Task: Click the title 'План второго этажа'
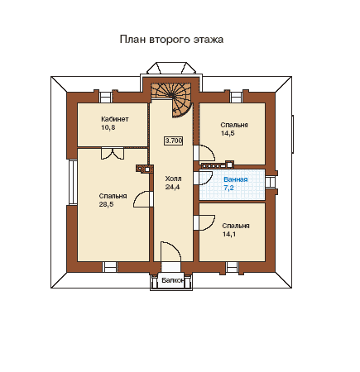[171, 40]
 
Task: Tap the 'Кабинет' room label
[115, 119]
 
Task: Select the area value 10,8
[108, 127]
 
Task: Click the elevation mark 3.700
[174, 141]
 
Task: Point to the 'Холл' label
[173, 179]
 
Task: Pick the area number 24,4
[172, 187]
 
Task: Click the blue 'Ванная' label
[236, 179]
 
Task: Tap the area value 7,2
[228, 188]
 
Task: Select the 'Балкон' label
[173, 280]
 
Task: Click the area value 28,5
[106, 204]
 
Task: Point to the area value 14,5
[228, 133]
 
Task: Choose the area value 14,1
[229, 234]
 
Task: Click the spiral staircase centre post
[171, 95]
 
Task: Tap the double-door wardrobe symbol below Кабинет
[113, 154]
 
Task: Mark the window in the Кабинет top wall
[105, 98]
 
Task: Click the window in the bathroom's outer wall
[271, 182]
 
